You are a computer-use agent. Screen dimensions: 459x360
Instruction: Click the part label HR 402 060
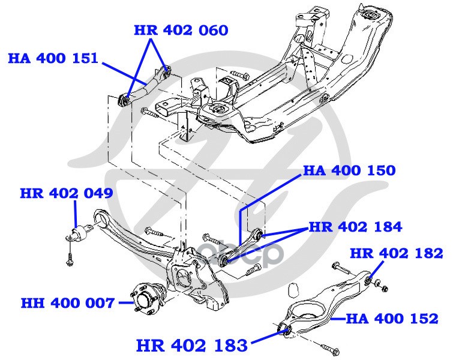click(x=181, y=31)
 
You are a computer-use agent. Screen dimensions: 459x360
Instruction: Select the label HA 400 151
click(x=53, y=58)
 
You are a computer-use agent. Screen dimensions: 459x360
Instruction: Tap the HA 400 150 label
click(x=349, y=170)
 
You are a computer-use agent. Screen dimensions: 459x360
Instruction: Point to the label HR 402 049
click(x=67, y=193)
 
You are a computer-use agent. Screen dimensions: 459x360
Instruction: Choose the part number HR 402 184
click(x=356, y=227)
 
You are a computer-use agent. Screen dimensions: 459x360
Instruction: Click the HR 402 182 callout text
click(x=397, y=253)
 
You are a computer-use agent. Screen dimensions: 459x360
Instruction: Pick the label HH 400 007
click(x=67, y=303)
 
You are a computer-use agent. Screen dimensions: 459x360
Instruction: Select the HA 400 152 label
click(x=392, y=319)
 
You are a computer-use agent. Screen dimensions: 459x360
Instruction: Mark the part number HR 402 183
click(x=192, y=346)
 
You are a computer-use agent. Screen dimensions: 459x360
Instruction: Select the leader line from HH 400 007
click(x=125, y=303)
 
